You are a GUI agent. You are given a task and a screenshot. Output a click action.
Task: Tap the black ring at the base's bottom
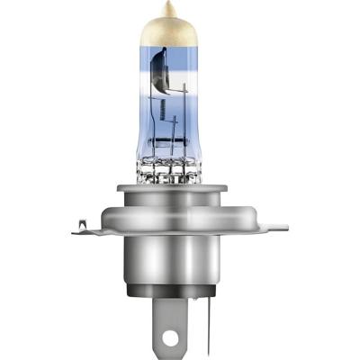180,291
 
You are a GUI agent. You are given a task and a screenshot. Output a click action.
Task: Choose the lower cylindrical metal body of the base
180,261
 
